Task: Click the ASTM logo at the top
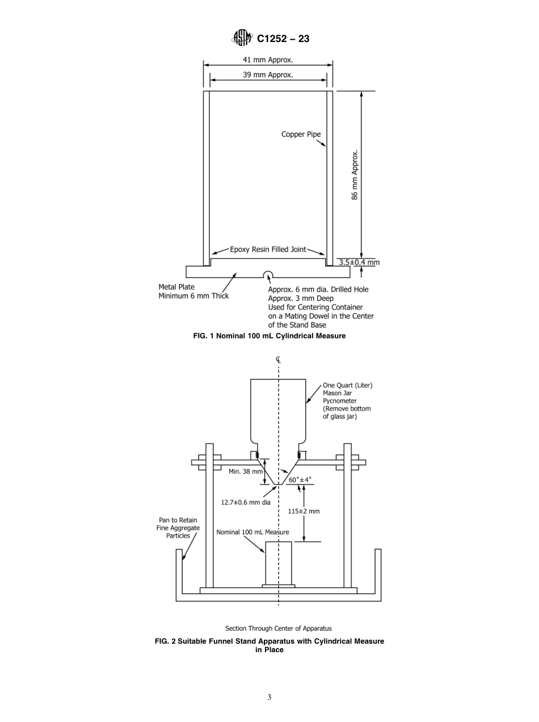coord(242,39)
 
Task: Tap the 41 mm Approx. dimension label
coord(268,60)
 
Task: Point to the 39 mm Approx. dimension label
coord(268,74)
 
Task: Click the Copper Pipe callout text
coord(301,135)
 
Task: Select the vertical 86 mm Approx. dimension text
coord(355,175)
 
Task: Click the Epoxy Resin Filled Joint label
coord(268,249)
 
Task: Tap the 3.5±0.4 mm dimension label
coord(359,262)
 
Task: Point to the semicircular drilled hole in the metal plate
coord(268,275)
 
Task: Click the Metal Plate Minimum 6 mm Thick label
coord(193,291)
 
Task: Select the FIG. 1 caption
coord(269,336)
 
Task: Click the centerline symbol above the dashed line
coord(279,359)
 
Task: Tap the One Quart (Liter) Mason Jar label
coord(347,401)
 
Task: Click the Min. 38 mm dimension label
coord(246,471)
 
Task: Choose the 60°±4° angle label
coord(300,480)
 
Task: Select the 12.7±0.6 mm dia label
coord(246,502)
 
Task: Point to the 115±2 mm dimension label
coord(304,511)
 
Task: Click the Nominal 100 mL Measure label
coord(252,532)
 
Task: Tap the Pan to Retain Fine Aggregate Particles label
coord(178,528)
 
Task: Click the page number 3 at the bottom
coord(269,697)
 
